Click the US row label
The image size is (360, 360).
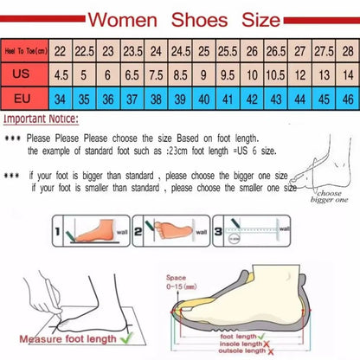point(24,74)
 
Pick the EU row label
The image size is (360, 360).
point(24,98)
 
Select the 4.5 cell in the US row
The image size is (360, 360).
point(61,74)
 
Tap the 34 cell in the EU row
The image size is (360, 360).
point(61,98)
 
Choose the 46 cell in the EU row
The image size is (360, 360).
point(346,98)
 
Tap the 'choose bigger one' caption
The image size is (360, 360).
point(331,197)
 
